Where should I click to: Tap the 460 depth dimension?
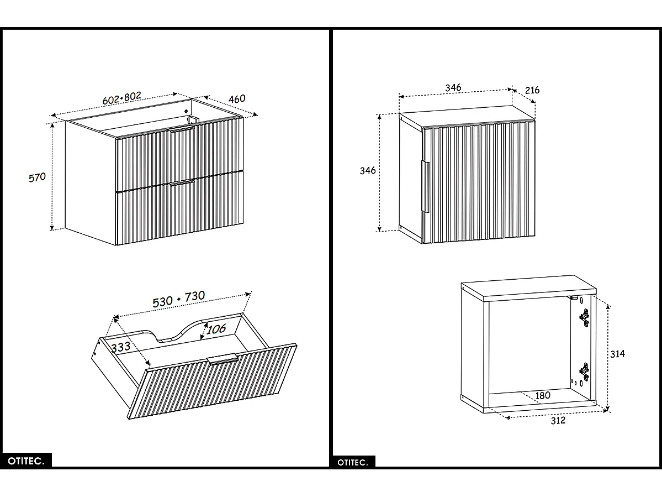point(237,99)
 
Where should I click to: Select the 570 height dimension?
point(37,177)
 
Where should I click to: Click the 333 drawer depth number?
point(120,347)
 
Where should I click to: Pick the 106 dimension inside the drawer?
point(216,328)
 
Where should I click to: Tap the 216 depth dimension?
point(532,90)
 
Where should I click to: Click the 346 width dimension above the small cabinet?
point(453,88)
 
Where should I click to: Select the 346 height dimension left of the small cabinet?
point(368,170)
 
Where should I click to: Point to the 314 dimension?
point(617,354)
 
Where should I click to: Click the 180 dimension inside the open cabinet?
point(543,396)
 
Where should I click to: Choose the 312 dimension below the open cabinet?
point(558,421)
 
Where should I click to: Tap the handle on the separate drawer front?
point(223,359)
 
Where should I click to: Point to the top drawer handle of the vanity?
point(182,128)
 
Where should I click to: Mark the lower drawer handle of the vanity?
point(182,182)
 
